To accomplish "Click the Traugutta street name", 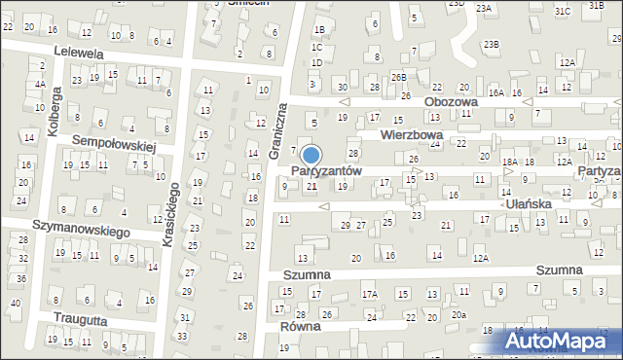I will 69,319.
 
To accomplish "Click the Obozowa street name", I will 452,101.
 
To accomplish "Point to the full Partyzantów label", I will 326,170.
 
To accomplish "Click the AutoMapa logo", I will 560,342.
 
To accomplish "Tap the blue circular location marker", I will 311,156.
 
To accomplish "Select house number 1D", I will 315,63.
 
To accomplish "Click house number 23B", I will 494,45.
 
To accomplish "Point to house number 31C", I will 563,11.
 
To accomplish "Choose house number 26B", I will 398,77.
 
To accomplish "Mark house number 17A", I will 369,294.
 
